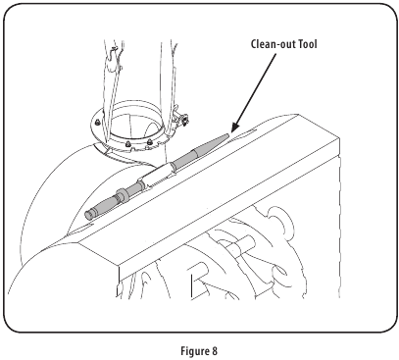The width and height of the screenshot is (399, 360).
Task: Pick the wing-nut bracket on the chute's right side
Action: point(181,122)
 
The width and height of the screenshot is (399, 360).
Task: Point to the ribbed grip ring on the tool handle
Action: point(124,193)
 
